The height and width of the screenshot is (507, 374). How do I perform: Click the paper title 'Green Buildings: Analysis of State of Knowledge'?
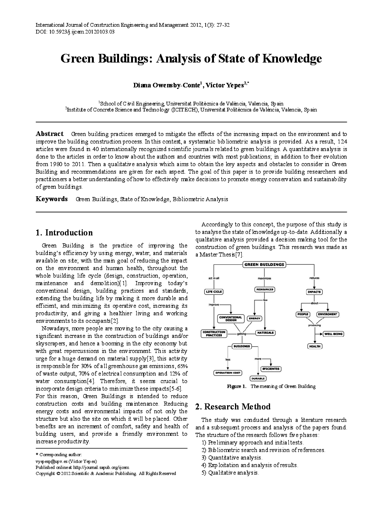coord(191,59)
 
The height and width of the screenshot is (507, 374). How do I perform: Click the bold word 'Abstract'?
coord(49,134)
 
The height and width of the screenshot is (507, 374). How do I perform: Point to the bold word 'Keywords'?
coord(52,199)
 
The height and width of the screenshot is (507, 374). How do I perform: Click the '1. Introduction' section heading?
coord(64,232)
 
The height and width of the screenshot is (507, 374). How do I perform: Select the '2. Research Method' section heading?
coord(232,406)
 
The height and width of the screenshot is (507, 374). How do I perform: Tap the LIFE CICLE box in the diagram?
coord(214,292)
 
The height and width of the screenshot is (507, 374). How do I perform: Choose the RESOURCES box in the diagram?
coord(264,289)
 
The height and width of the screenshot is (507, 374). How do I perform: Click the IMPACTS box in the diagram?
coord(314,292)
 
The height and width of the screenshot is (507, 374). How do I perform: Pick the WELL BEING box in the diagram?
coord(333,334)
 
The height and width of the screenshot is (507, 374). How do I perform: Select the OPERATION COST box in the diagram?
coord(227,373)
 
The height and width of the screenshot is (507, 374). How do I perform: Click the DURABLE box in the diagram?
coord(258,378)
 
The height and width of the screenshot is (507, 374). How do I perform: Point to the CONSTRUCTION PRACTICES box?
coord(214,333)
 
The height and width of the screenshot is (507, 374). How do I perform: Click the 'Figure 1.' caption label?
coord(236,386)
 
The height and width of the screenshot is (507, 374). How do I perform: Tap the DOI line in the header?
coord(75,32)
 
